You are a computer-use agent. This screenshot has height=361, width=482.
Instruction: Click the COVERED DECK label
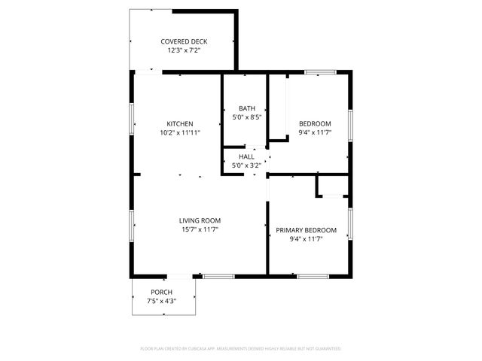pyautogui.click(x=184, y=41)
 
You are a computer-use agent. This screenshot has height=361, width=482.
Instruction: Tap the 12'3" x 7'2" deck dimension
pyautogui.click(x=184, y=51)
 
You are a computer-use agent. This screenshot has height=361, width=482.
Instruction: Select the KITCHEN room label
pyautogui.click(x=180, y=123)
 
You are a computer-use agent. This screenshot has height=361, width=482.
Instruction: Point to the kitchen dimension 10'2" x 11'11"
pyautogui.click(x=180, y=133)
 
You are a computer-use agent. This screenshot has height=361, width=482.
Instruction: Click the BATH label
pyautogui.click(x=246, y=108)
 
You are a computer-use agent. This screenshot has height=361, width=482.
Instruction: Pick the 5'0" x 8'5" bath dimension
pyautogui.click(x=246, y=117)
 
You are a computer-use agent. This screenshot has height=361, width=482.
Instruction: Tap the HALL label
pyautogui.click(x=246, y=156)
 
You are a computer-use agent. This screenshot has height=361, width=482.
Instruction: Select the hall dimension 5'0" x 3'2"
pyautogui.click(x=246, y=165)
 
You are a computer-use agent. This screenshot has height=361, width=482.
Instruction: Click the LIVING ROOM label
pyautogui.click(x=200, y=220)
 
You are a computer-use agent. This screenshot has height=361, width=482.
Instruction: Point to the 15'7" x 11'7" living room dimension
pyautogui.click(x=200, y=230)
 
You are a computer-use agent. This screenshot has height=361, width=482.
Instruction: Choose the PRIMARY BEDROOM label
pyautogui.click(x=306, y=230)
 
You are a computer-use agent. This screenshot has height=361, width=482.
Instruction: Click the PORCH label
pyautogui.click(x=161, y=292)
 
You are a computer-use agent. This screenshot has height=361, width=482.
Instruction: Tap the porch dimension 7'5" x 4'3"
pyautogui.click(x=161, y=302)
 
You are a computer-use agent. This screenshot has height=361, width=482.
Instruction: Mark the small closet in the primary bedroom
pyautogui.click(x=332, y=186)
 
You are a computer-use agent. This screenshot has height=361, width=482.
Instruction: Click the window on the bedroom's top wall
pyautogui.click(x=320, y=72)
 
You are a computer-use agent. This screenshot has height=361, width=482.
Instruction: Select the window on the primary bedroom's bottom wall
pyautogui.click(x=313, y=276)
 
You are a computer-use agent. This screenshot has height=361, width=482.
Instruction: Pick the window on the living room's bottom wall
pyautogui.click(x=219, y=276)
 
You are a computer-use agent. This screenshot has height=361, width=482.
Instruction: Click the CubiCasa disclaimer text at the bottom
pyautogui.click(x=241, y=349)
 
